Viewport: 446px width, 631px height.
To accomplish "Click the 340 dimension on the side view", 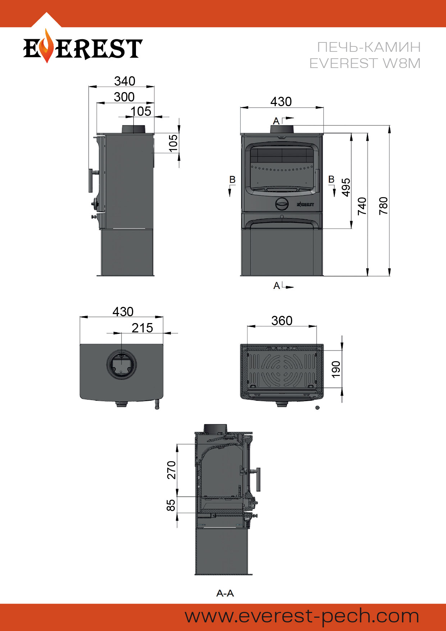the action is (125, 81).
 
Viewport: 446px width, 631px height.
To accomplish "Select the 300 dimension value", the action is (124, 97).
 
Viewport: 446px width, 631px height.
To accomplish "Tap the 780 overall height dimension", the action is (383, 206).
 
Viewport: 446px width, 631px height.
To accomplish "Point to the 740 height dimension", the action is (362, 206).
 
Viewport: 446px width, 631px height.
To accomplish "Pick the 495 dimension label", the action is (346, 187).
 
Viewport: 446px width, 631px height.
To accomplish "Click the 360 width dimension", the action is (282, 321).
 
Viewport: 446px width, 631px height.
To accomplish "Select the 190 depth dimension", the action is (336, 369).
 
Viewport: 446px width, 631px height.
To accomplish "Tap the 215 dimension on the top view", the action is (142, 328).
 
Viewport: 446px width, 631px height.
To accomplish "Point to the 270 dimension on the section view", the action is (171, 470).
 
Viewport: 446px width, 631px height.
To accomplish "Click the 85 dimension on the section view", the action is (171, 505).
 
